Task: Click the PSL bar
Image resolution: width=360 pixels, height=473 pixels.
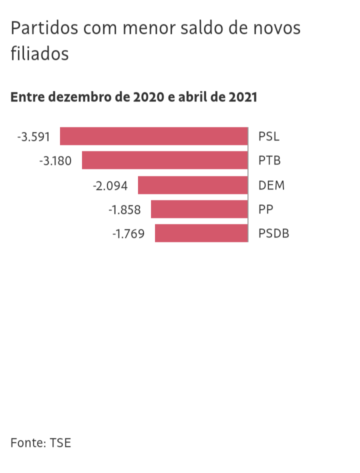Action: click(154, 136)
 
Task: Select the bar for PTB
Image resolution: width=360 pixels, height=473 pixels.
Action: click(165, 160)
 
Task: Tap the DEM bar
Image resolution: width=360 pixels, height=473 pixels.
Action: click(193, 185)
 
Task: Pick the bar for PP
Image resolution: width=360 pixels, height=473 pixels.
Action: click(199, 209)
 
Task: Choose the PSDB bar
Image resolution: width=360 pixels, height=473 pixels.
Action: click(201, 233)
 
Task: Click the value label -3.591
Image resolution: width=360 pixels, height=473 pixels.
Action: click(33, 136)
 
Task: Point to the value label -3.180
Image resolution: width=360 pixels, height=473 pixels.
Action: click(55, 161)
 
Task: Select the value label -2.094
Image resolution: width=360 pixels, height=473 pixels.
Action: click(110, 185)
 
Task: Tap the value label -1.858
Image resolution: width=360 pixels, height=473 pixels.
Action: click(124, 210)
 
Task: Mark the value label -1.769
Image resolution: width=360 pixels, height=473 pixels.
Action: click(128, 234)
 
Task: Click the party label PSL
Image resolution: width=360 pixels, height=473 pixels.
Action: click(269, 136)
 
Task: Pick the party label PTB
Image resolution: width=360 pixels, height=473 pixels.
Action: click(269, 161)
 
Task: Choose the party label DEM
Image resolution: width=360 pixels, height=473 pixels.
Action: click(271, 185)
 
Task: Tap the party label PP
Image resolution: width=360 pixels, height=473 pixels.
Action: click(266, 210)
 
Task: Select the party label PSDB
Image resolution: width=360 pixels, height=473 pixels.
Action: click(274, 234)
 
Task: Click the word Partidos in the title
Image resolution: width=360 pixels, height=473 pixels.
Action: click(44, 28)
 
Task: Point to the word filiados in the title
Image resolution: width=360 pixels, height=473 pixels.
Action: click(39, 53)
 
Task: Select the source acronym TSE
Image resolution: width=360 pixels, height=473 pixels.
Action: click(60, 442)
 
